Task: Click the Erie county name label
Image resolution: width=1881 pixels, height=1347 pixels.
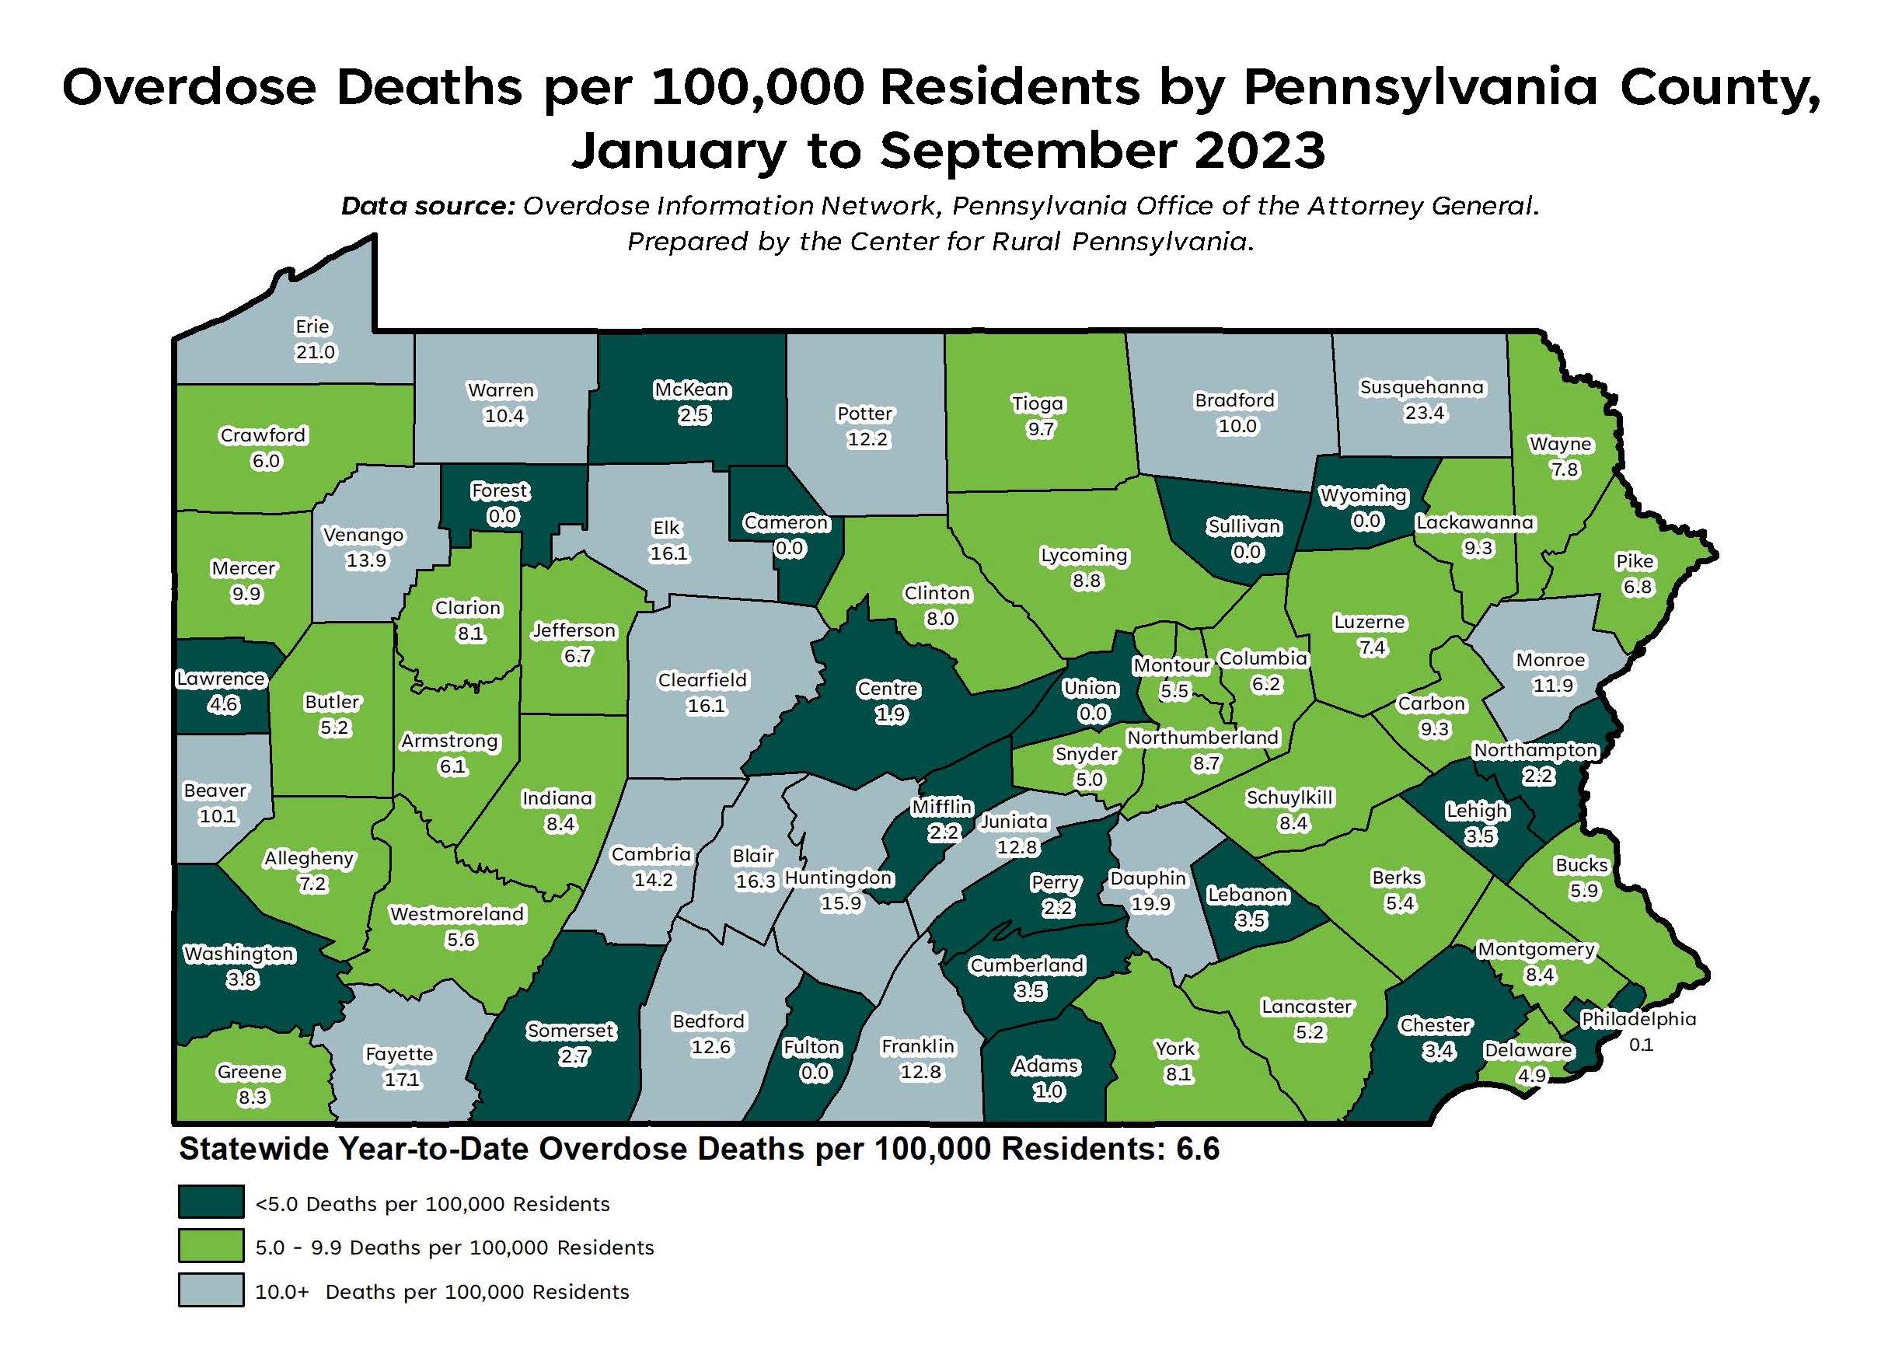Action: (312, 326)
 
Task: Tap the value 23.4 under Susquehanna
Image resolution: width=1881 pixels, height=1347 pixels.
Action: (1424, 412)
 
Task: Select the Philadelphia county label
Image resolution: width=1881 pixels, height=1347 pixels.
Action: (1638, 1018)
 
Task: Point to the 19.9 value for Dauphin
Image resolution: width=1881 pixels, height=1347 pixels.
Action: (1150, 903)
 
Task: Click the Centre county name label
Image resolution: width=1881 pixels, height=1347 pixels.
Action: (888, 689)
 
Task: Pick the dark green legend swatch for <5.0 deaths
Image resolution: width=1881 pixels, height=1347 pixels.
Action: (211, 1201)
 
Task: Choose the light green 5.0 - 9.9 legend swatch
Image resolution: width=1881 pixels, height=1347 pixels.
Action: (211, 1245)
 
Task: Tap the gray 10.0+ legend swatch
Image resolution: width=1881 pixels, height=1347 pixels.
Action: (211, 1289)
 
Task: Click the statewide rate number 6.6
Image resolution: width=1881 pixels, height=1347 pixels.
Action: (1198, 1149)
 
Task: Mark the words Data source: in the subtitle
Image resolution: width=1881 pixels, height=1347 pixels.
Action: (428, 206)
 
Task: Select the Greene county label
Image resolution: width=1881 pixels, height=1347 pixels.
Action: (250, 1072)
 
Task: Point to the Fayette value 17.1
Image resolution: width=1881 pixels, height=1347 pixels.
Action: (401, 1080)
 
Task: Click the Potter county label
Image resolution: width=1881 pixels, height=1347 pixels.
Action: (864, 413)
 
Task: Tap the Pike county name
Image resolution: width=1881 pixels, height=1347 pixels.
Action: (1635, 560)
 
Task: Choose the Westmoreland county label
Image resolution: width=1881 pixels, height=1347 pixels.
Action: (457, 914)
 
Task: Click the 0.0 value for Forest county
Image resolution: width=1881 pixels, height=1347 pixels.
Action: (502, 517)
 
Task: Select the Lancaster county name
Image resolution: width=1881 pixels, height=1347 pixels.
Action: (1307, 1006)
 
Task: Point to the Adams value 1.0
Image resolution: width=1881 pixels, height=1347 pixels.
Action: (1048, 1091)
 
